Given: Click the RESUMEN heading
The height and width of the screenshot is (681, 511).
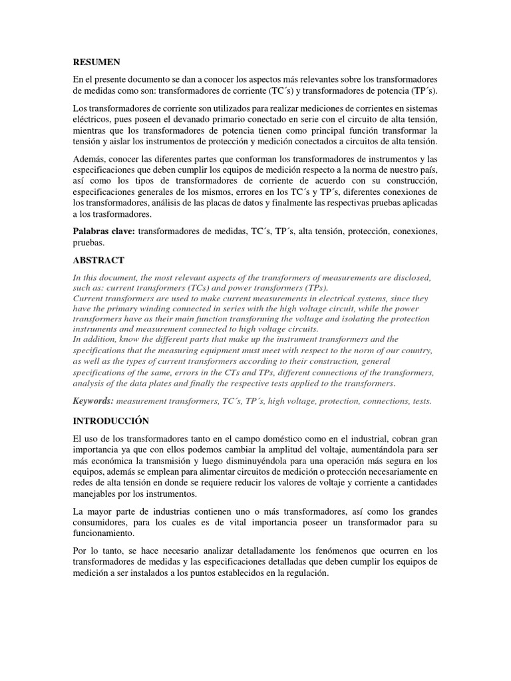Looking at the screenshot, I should pos(96,62).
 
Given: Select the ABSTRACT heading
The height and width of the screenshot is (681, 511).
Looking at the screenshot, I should pos(98,259).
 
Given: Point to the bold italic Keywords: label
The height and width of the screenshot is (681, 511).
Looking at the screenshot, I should pos(94,401).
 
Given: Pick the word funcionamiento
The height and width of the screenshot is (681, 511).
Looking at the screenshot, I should pos(105,533).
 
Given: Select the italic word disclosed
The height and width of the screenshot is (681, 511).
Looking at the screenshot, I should pos(411,277).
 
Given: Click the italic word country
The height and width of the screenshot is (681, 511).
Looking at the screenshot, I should pos(413,350).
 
